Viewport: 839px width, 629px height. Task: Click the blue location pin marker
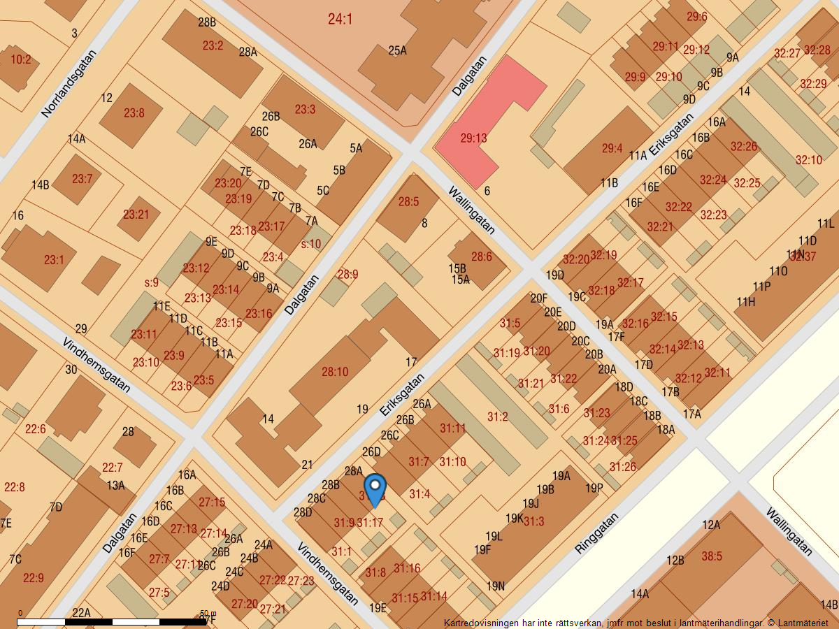tap(375, 490)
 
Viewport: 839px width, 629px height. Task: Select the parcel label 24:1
tap(340, 19)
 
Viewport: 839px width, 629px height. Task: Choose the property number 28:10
tap(335, 372)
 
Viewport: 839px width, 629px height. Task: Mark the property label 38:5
tap(712, 556)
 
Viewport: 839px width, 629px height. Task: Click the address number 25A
tap(397, 50)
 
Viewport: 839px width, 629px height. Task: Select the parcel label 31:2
tap(497, 417)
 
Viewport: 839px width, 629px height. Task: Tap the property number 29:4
tap(612, 148)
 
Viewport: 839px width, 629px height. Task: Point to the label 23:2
tap(213, 46)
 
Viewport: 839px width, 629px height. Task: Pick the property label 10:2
tap(20, 59)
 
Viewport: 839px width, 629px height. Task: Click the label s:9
tap(152, 283)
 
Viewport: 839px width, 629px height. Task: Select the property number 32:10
tap(809, 160)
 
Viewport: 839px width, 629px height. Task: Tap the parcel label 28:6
tap(481, 256)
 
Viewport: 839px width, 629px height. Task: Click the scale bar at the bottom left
tap(112, 621)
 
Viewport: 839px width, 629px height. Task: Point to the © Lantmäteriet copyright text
tap(797, 623)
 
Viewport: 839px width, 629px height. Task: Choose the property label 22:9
tap(33, 578)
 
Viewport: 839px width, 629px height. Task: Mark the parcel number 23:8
tap(134, 113)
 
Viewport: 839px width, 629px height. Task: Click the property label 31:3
tap(533, 521)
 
